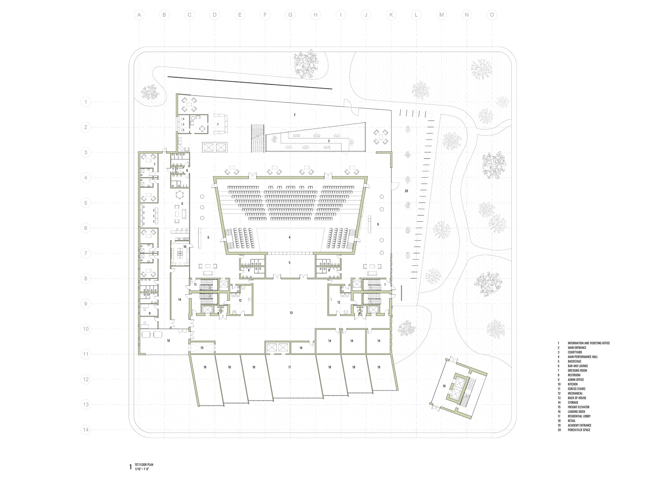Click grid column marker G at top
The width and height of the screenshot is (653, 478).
290,15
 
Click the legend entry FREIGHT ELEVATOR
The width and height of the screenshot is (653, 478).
578,407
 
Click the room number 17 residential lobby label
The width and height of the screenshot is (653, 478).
290,367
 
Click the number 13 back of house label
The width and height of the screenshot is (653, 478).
291,313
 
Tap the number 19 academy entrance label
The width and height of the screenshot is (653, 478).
444,386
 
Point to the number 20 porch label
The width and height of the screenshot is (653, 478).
406,191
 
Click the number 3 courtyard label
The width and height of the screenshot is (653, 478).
329,141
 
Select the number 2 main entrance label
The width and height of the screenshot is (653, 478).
295,115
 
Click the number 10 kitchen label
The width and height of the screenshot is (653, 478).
185,247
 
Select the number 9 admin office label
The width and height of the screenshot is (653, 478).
150,313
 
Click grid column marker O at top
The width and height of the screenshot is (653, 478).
492,15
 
